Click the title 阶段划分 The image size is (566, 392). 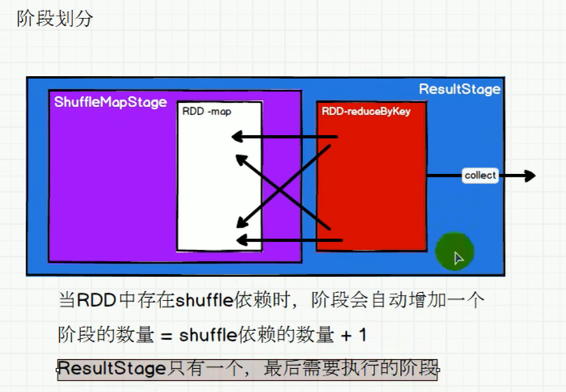coord(55,18)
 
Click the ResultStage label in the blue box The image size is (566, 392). coord(459,89)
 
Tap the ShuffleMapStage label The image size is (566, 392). coord(111,102)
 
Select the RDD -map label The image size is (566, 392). coord(207,111)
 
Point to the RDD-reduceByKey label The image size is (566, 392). coord(366,111)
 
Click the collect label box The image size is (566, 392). coord(480,175)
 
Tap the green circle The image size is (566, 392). coord(455,251)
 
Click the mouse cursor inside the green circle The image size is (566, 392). coord(458,258)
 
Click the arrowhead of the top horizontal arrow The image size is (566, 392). coord(237,136)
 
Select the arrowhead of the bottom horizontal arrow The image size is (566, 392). coord(242,240)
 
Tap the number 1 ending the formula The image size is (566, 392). coord(363,335)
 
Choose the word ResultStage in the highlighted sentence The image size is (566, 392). coord(112,368)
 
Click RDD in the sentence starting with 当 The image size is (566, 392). coord(96,300)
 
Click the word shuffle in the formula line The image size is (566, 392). coord(208,335)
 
